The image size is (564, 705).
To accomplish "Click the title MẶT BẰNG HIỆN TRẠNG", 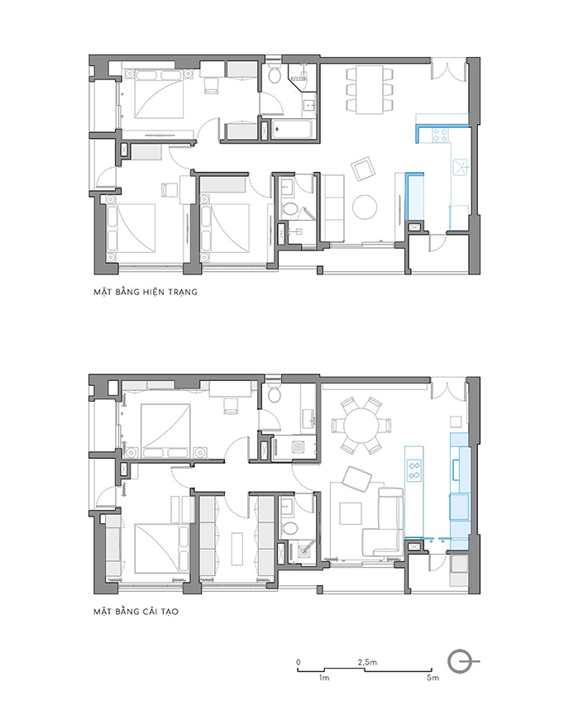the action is click(146, 292).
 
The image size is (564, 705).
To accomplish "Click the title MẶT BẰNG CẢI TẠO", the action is click(136, 612).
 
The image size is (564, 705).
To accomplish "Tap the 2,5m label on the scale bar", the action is click(367, 662).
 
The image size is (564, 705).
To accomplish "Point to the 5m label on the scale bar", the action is click(433, 678).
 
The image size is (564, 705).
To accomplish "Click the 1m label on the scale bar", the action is click(324, 678).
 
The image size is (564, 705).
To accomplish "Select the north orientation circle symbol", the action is click(460, 662).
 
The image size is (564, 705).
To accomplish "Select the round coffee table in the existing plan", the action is click(365, 207).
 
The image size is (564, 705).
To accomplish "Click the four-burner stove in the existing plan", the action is click(440, 135).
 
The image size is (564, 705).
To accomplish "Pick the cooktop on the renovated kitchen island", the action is click(413, 469).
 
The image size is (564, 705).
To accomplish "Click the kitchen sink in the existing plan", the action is click(461, 167).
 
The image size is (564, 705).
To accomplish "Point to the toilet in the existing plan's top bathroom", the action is click(275, 75).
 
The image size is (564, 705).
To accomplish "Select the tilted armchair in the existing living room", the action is click(362, 169).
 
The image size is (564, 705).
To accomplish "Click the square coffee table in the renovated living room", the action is click(351, 513).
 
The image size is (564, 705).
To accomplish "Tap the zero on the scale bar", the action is click(299, 662).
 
